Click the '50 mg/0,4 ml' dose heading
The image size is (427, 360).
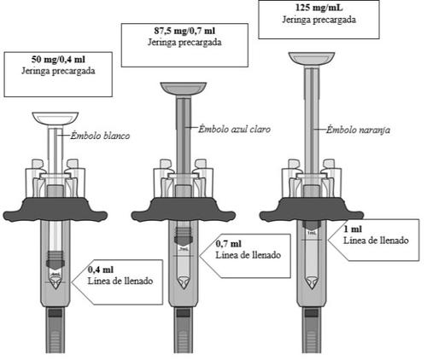pyautogui.click(x=58, y=60)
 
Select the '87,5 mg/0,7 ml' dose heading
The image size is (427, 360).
pyautogui.click(x=184, y=31)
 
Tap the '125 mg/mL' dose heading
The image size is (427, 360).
pyautogui.click(x=319, y=8)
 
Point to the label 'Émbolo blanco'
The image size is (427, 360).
pyautogui.click(x=100, y=136)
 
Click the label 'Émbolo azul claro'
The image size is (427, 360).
pyautogui.click(x=234, y=129)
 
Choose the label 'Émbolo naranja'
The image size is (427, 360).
pyautogui.click(x=358, y=130)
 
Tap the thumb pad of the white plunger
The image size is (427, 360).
pyautogui.click(x=56, y=119)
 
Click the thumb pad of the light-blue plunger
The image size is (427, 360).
pyautogui.click(x=184, y=89)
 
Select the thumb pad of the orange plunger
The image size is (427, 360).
pyautogui.click(x=312, y=59)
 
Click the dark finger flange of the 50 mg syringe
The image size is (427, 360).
pyautogui.click(x=56, y=210)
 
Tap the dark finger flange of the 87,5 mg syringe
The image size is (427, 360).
pyautogui.click(x=184, y=210)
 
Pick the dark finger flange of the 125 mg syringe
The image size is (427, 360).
pyautogui.click(x=312, y=210)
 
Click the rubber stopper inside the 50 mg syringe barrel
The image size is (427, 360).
pyautogui.click(x=56, y=260)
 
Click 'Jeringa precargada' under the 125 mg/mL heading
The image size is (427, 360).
pyautogui.click(x=319, y=20)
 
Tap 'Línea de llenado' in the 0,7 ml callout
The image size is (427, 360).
pyautogui.click(x=249, y=255)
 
